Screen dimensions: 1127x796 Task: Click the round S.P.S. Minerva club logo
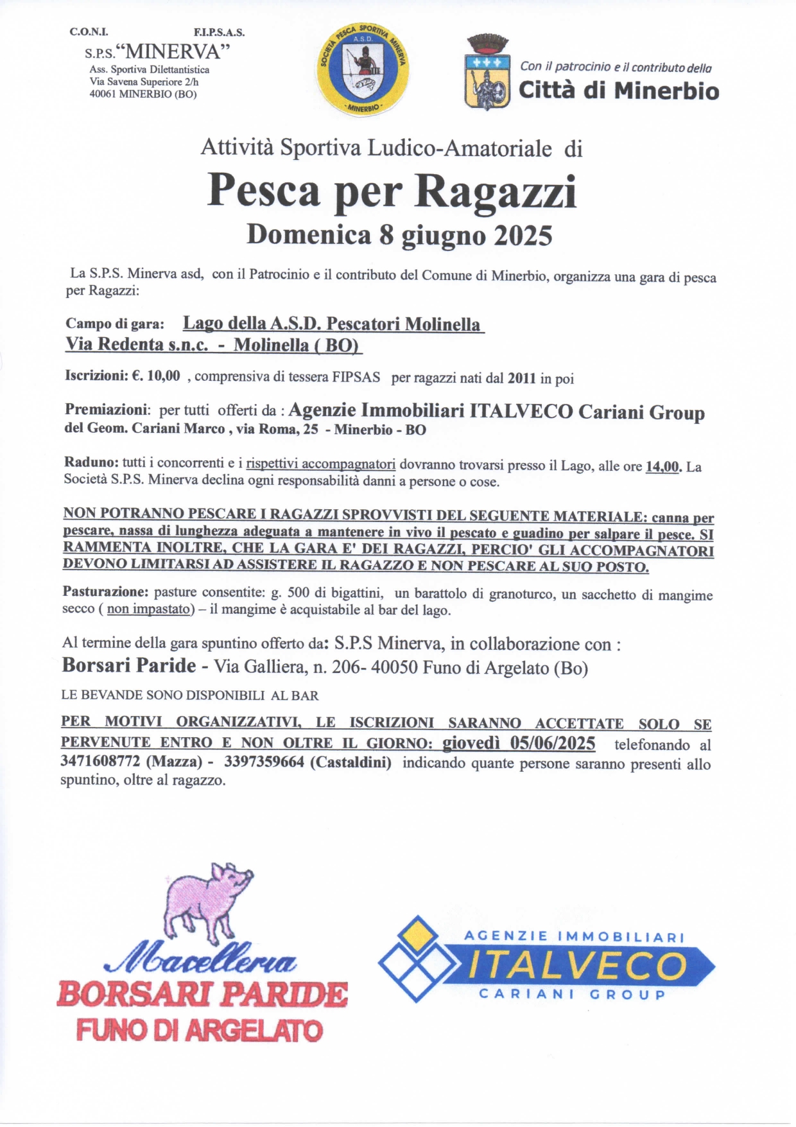coord(363,69)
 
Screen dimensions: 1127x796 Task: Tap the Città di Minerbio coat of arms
coord(487,73)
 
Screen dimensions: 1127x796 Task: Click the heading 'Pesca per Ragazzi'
coord(392,191)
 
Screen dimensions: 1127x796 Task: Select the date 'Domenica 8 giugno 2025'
coord(399,235)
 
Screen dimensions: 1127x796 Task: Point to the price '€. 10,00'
coord(157,376)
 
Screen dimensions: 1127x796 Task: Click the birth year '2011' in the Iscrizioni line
coord(521,378)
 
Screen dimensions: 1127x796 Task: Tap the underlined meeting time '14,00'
coord(662,467)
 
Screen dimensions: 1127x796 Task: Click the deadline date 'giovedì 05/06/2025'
coord(519,744)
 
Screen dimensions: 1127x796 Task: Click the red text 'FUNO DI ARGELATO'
coord(199,1031)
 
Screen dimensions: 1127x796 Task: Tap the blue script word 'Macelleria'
coord(200,961)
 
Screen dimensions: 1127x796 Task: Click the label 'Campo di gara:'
coord(115,324)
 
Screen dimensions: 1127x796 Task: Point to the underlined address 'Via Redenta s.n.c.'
coord(137,344)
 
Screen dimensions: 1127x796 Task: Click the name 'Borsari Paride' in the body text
coord(129,665)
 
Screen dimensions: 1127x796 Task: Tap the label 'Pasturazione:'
coord(105,591)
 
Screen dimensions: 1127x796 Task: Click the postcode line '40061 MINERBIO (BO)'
coord(143,94)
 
